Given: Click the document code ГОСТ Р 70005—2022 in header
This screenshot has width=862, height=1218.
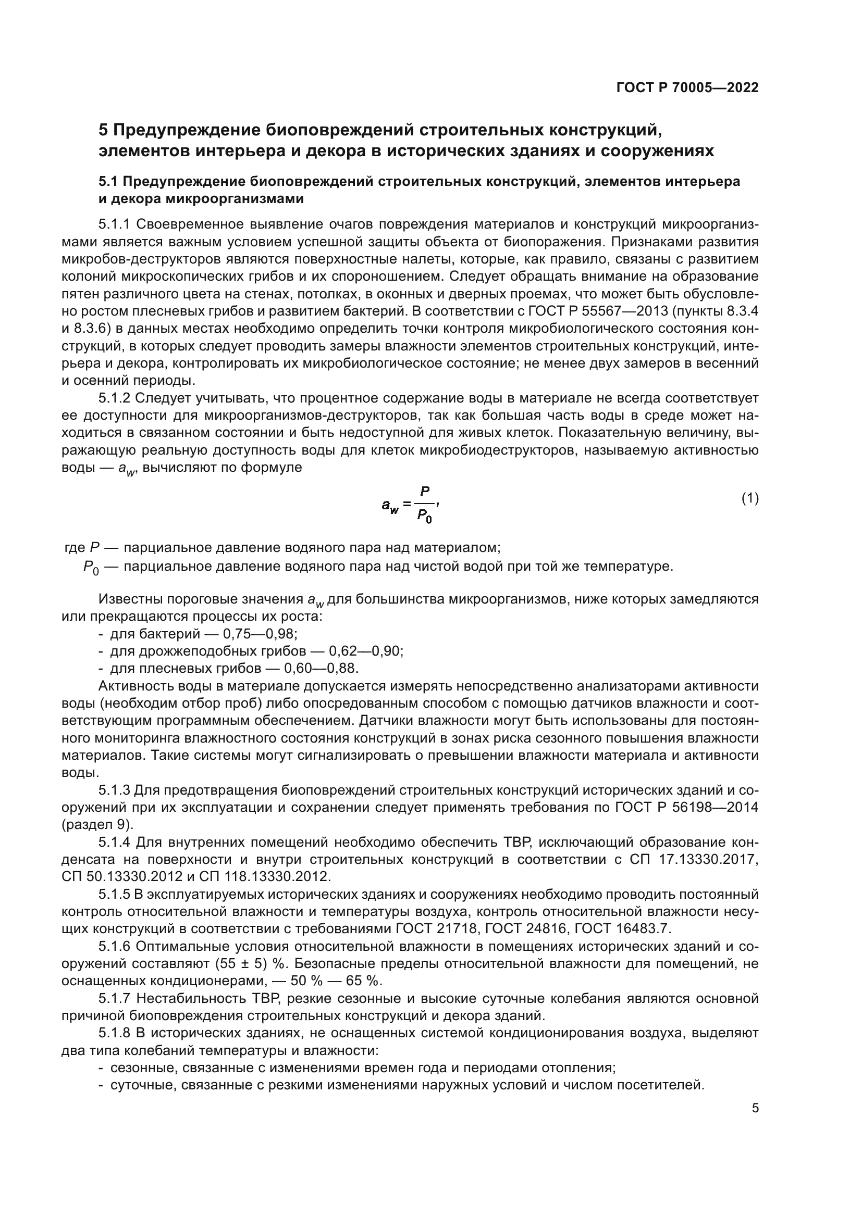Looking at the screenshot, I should (687, 88).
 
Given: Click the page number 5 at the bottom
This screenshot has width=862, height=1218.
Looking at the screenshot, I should (755, 1108).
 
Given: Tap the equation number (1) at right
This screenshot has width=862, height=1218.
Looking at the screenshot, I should (749, 498).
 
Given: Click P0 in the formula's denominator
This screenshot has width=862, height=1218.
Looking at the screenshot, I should (424, 514).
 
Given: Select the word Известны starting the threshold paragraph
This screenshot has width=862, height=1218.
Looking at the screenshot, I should (131, 599).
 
